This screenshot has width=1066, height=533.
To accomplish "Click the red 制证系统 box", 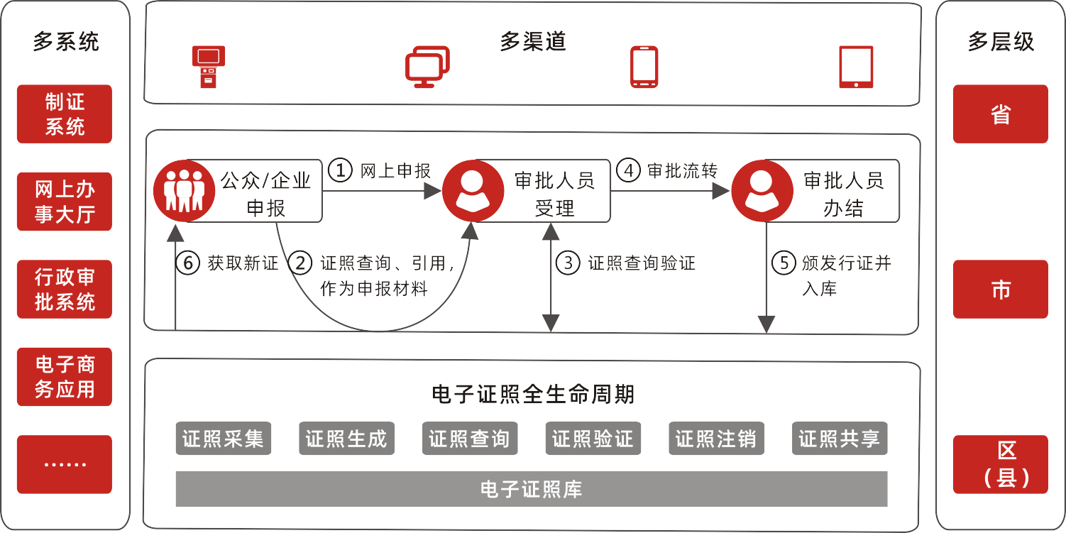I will pyautogui.click(x=65, y=114).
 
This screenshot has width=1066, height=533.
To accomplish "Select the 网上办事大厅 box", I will pyautogui.click(x=65, y=202).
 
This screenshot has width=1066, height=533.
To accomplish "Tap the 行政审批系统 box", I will pyautogui.click(x=65, y=289).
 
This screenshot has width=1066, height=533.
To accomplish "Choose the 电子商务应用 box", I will pyautogui.click(x=65, y=377).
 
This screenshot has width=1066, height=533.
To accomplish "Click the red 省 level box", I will pyautogui.click(x=1000, y=114).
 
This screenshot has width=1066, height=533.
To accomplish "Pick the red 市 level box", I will pyautogui.click(x=1000, y=289).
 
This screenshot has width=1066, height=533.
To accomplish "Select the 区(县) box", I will pyautogui.click(x=1000, y=464).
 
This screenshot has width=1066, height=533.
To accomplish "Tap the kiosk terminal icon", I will pyautogui.click(x=209, y=67).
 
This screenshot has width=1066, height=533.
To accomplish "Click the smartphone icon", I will pyautogui.click(x=644, y=67).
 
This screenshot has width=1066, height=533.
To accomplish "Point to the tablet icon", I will pyautogui.click(x=856, y=67).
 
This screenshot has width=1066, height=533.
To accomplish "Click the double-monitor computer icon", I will pyautogui.click(x=427, y=67).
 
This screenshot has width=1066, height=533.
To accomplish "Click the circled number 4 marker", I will pyautogui.click(x=628, y=170).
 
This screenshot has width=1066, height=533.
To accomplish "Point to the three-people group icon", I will pyautogui.click(x=185, y=190).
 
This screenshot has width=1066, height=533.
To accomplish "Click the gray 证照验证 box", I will pyautogui.click(x=593, y=439).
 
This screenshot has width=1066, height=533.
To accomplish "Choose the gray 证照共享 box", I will pyautogui.click(x=840, y=439).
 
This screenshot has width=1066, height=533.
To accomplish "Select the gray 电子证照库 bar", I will pyautogui.click(x=532, y=489).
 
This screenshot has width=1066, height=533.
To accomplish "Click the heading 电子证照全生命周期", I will pyautogui.click(x=533, y=394).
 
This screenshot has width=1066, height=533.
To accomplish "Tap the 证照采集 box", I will pyautogui.click(x=224, y=439).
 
